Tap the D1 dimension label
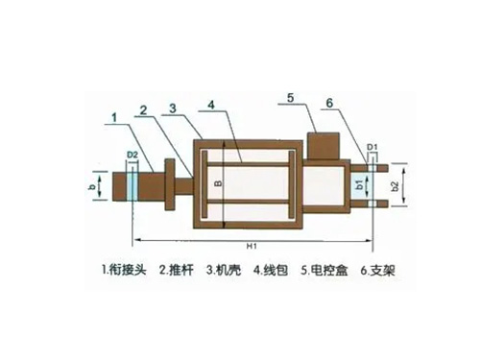click(x=372, y=147)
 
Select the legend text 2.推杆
click(x=177, y=271)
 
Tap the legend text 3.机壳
click(x=224, y=271)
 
